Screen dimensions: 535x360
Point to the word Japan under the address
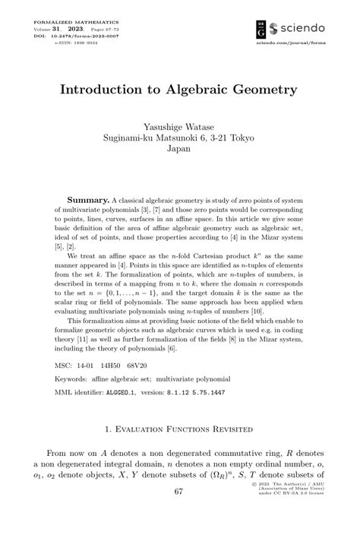pyautogui.click(x=178, y=149)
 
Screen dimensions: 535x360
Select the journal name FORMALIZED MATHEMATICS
pyautogui.click(x=68, y=23)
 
